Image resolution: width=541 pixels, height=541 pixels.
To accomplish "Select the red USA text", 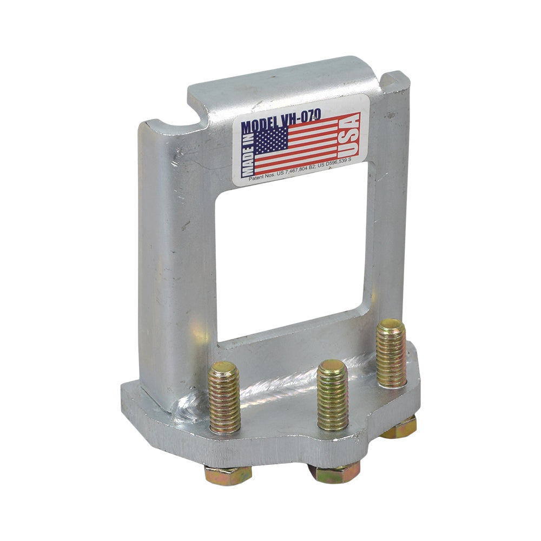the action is [x=351, y=136].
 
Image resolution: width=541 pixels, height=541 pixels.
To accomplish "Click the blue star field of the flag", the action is [x=271, y=142].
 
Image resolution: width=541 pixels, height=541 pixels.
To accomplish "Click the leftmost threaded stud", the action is [x=225, y=398].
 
